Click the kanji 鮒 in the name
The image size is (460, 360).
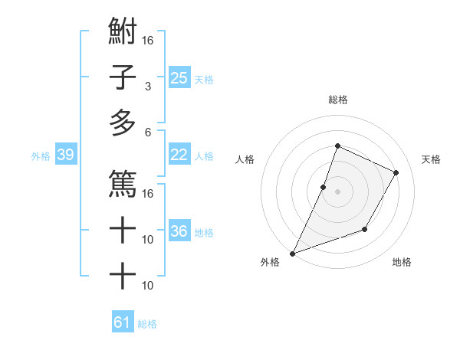123,34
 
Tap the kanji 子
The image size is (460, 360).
123,77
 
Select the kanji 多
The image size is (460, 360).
123,123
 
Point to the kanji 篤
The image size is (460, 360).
123,183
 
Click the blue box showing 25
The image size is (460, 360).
179,77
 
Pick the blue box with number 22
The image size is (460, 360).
179,155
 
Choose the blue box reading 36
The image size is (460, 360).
179,231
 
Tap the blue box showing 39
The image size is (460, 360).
66,155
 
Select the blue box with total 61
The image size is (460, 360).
123,322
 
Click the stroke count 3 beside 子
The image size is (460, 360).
147,86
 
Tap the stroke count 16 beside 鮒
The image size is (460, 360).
148,40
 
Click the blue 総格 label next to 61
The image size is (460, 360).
147,324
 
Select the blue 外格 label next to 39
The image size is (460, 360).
41,155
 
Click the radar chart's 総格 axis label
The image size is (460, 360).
337,100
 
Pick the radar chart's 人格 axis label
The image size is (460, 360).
245,159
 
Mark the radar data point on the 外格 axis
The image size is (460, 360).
292,253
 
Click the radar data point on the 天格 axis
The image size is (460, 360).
396,172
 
